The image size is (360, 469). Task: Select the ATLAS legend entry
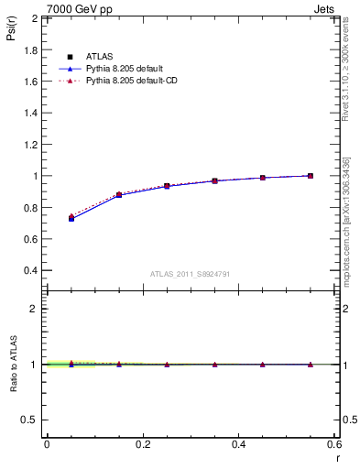pyautogui.click(x=100, y=57)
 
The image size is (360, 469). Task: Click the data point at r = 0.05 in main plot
pyautogui.click(x=71, y=218)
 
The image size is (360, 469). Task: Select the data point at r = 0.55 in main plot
pyautogui.click(x=311, y=176)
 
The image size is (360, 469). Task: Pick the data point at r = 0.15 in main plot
pyautogui.click(x=119, y=195)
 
